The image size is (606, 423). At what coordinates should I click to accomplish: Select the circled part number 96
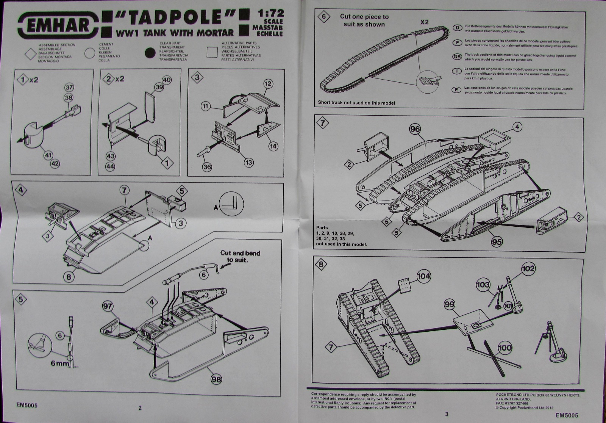415,129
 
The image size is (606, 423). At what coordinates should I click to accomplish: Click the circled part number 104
423,276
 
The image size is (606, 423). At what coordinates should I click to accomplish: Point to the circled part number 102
528,269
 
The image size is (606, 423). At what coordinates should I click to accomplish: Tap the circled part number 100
504,348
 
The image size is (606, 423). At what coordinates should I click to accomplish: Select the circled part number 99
450,305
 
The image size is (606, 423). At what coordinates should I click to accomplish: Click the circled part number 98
216,379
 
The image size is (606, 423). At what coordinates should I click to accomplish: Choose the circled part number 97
108,305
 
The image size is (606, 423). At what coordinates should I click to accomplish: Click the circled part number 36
207,166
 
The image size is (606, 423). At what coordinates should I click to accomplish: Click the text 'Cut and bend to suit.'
241,256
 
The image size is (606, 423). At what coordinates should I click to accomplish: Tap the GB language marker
457,57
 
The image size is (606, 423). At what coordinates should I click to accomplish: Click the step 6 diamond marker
323,17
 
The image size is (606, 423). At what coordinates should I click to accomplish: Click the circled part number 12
268,83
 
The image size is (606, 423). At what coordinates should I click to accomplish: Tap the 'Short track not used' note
356,103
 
